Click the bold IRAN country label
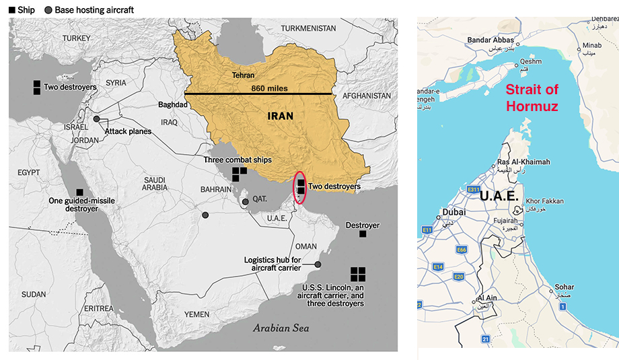pyautogui.click(x=280, y=116)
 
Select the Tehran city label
pyautogui.click(x=243, y=75)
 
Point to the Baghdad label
pyautogui.click(x=172, y=105)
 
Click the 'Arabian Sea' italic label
pyautogui.click(x=281, y=328)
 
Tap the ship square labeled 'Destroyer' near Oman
pyautogui.click(x=363, y=234)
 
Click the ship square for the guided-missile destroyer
pyautogui.click(x=79, y=192)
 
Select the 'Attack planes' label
pyautogui.click(x=127, y=131)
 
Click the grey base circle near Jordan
pyautogui.click(x=96, y=118)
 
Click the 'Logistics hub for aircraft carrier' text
pyautogui.click(x=272, y=264)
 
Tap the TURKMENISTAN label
pyautogui.click(x=308, y=28)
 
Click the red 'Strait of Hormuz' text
pyautogui.click(x=532, y=98)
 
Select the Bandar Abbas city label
pyautogui.click(x=490, y=40)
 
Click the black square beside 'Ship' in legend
pyautogui.click(x=11, y=10)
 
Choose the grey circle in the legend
pyautogui.click(x=48, y=10)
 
